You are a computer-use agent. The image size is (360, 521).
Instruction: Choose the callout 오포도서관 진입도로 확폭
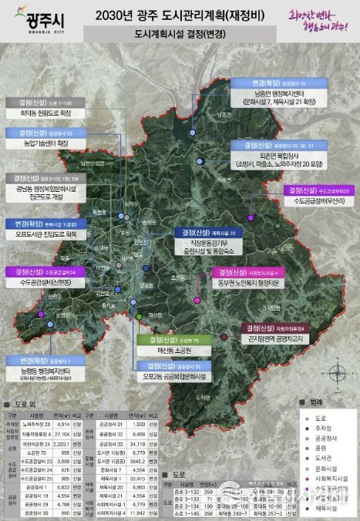(x=48, y=234)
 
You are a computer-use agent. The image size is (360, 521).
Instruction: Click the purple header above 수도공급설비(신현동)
(x=47, y=272)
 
